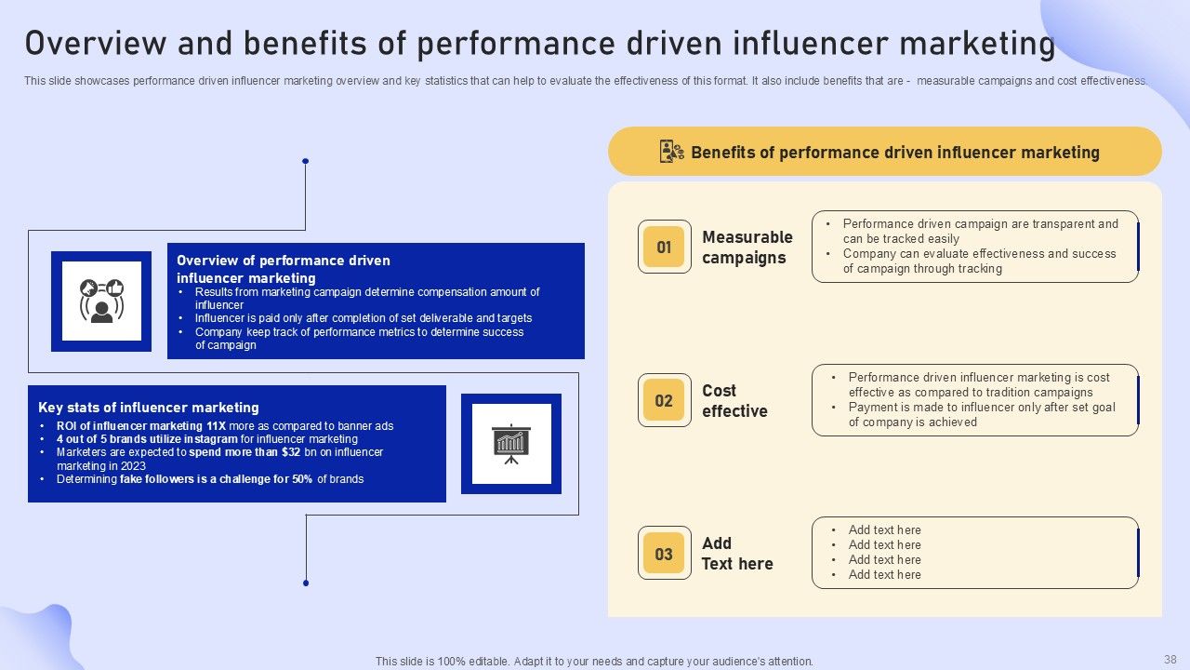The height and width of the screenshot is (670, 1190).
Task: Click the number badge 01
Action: click(x=664, y=247)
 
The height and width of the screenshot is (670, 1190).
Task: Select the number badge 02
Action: click(x=664, y=400)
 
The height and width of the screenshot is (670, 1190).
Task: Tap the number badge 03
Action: click(x=664, y=554)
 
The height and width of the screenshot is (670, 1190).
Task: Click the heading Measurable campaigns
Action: click(x=747, y=248)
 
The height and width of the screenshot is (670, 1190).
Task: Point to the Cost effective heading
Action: click(x=734, y=401)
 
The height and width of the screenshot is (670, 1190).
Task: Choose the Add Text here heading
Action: click(x=737, y=554)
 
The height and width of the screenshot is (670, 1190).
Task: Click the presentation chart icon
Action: click(x=510, y=443)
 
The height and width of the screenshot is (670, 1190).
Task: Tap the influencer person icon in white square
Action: click(x=101, y=301)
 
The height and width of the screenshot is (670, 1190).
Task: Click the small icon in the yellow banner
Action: click(x=671, y=152)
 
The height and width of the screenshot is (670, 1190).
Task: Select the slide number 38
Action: click(x=1170, y=659)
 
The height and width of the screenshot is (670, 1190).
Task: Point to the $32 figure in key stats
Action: click(x=291, y=452)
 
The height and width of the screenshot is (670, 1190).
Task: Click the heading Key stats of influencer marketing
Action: click(x=149, y=408)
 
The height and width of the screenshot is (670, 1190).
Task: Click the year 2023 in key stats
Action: click(x=133, y=466)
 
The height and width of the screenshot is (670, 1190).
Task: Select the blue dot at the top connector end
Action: click(x=305, y=161)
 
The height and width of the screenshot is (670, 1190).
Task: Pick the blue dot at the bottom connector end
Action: click(x=306, y=583)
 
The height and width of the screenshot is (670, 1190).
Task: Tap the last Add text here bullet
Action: click(x=884, y=575)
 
